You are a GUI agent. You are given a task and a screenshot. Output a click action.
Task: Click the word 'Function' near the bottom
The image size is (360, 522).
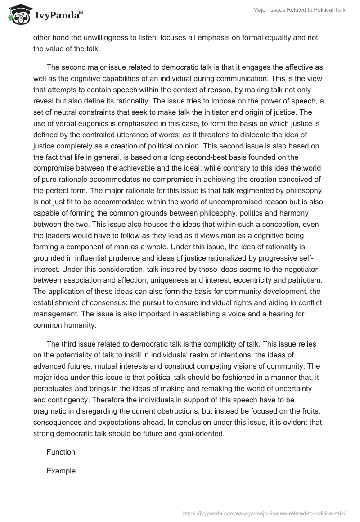(x=61, y=452)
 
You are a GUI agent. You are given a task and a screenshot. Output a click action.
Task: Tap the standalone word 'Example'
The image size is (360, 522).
(x=61, y=471)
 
